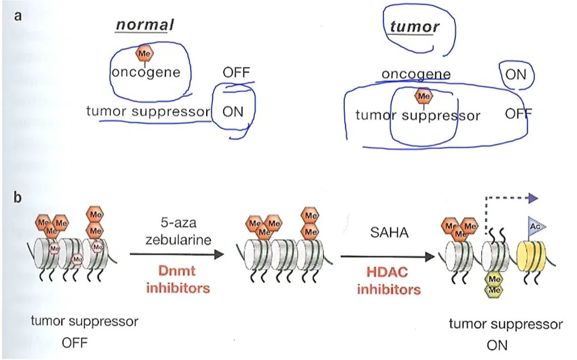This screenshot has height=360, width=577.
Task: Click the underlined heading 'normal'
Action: (x=144, y=25)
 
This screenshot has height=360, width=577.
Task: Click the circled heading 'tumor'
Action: (x=414, y=27)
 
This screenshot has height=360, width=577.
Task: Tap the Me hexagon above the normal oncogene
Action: (x=144, y=53)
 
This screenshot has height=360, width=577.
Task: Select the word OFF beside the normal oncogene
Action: (x=236, y=72)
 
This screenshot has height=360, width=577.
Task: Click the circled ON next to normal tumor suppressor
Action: (x=233, y=112)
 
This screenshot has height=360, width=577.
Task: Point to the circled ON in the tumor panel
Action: (x=515, y=75)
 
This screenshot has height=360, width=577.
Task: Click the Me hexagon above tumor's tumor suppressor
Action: (x=424, y=96)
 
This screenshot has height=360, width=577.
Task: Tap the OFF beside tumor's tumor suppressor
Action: (x=519, y=114)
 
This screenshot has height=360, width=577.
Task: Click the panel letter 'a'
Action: (x=18, y=16)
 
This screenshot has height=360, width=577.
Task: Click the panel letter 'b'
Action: (x=18, y=197)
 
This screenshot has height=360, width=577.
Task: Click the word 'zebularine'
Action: (x=178, y=240)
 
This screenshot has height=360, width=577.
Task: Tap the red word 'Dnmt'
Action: (x=177, y=271)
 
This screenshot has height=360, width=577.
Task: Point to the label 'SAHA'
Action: (x=390, y=233)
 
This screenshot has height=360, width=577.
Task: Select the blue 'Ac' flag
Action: (x=536, y=226)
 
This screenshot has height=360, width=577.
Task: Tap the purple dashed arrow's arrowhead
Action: (x=533, y=198)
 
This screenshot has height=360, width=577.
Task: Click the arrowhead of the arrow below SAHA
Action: (x=430, y=256)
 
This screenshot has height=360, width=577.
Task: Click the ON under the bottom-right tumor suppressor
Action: (x=497, y=345)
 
